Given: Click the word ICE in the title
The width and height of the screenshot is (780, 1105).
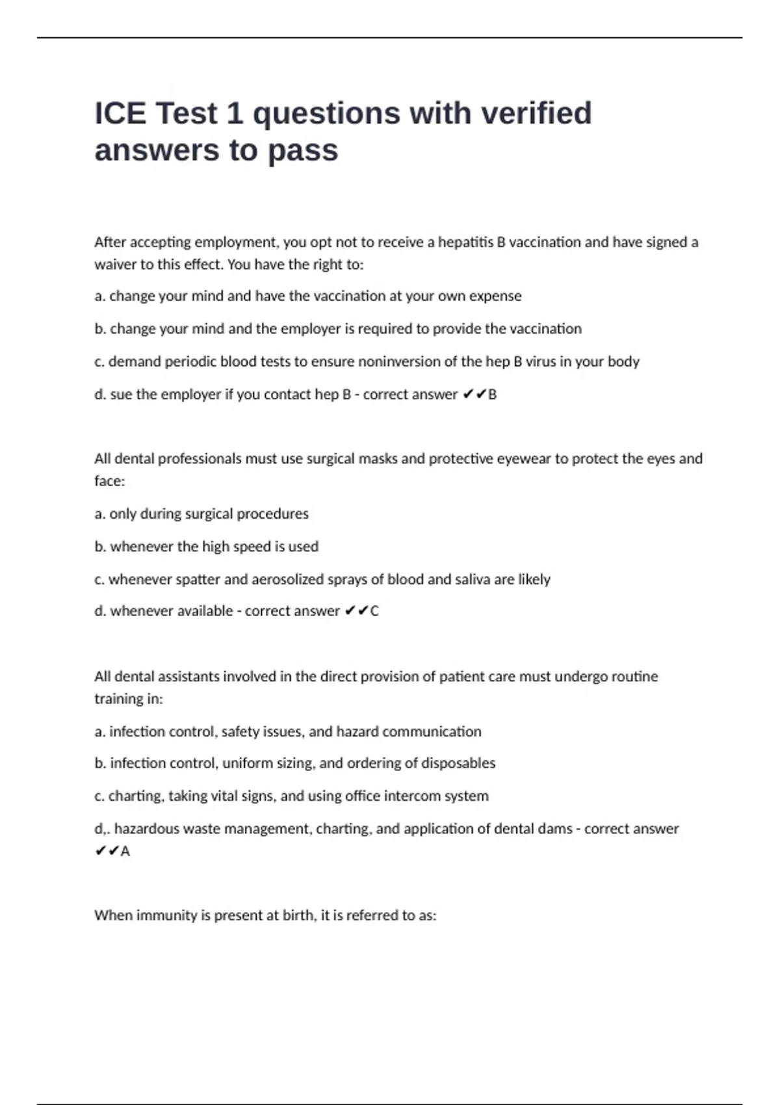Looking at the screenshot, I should (120, 113).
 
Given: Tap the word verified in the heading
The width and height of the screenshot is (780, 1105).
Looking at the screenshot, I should (536, 113).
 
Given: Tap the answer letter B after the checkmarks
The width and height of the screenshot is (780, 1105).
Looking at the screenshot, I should (492, 395).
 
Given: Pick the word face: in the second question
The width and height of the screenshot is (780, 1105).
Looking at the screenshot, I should (109, 481).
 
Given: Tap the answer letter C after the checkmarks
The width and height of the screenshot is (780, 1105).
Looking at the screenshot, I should (374, 611).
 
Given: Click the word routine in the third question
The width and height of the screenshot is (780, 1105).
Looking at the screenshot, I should (630, 677).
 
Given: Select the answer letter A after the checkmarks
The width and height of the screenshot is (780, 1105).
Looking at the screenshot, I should (125, 851).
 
